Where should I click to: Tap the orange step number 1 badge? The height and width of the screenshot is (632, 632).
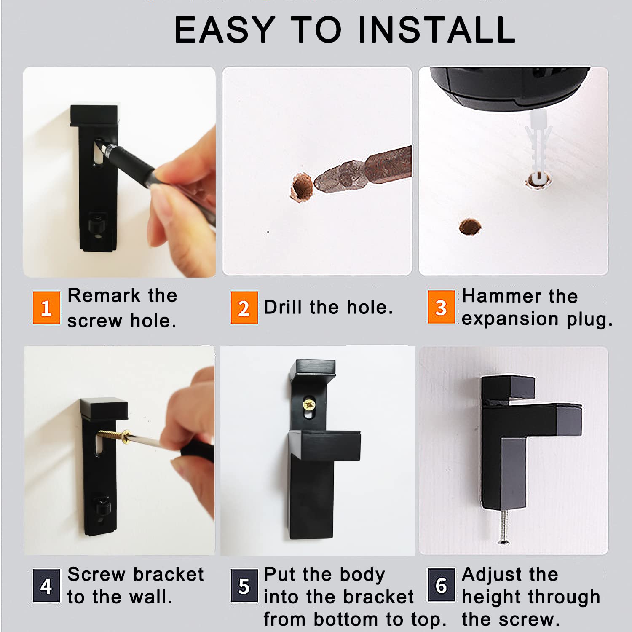pos(46,308)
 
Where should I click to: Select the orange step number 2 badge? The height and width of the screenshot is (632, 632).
pos(244,308)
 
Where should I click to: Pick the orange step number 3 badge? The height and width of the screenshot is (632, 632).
pos(441,307)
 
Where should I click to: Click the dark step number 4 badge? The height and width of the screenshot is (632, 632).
pos(46,586)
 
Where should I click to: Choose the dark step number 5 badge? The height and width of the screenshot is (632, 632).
pos(244,586)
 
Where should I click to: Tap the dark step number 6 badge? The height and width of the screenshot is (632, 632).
pos(441,585)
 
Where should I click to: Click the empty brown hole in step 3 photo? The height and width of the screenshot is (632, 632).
pos(470,227)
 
